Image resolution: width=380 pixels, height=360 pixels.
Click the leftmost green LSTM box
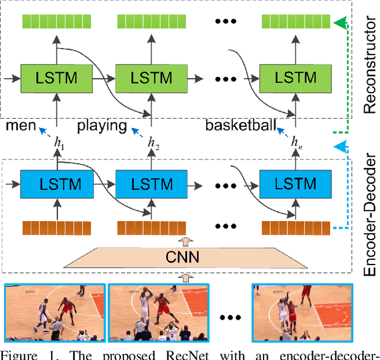tap(57, 77)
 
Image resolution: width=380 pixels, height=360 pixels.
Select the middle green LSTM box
tap(151, 77)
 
